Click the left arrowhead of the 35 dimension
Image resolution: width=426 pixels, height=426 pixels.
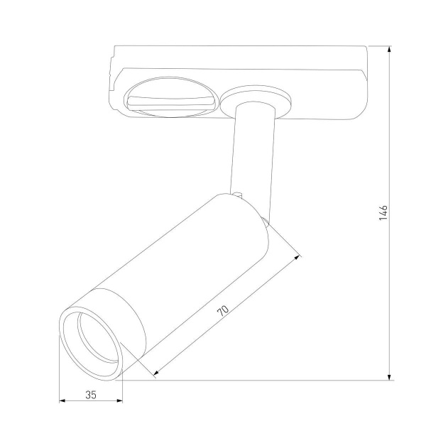[62, 402]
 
